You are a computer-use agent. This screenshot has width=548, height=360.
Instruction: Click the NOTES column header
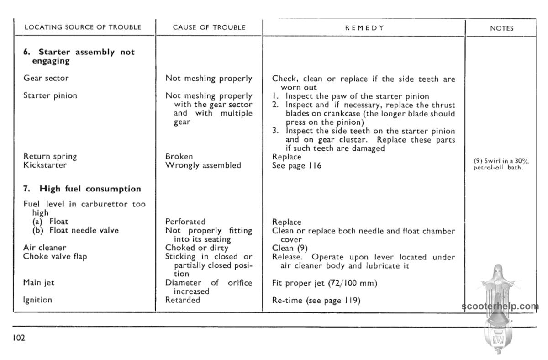pyautogui.click(x=501, y=28)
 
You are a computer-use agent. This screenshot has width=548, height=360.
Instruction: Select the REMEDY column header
pyautogui.click(x=364, y=27)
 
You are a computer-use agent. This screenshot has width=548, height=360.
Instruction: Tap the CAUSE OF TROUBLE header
pyautogui.click(x=209, y=27)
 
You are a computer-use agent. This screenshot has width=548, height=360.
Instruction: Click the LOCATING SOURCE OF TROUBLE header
pyautogui.click(x=83, y=27)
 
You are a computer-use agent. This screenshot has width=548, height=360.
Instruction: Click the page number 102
pyautogui.click(x=19, y=338)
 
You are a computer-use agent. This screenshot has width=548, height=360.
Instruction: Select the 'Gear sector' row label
pyautogui.click(x=46, y=78)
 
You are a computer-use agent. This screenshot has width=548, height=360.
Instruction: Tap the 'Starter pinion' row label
pyautogui.click(x=50, y=95)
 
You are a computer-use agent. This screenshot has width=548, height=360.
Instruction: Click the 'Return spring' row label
pyautogui.click(x=50, y=156)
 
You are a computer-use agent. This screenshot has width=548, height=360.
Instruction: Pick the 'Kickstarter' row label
pyautogui.click(x=45, y=165)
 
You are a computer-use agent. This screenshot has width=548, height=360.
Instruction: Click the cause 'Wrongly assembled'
pyautogui.click(x=203, y=165)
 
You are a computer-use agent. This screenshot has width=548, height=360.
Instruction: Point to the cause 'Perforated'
pyautogui.click(x=185, y=222)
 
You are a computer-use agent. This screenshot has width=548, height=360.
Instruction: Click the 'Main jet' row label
pyautogui.click(x=39, y=282)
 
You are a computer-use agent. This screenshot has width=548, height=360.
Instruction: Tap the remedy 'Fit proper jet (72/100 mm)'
pyautogui.click(x=324, y=283)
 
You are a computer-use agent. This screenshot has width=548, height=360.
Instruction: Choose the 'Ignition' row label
pyautogui.click(x=37, y=300)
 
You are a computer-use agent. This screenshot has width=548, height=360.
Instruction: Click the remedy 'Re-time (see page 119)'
pyautogui.click(x=316, y=300)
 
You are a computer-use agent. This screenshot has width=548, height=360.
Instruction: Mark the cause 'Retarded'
pyautogui.click(x=183, y=300)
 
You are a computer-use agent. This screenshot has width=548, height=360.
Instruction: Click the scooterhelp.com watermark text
pyautogui.click(x=500, y=307)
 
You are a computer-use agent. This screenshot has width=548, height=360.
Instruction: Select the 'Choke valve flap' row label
pyautogui.click(x=55, y=256)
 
